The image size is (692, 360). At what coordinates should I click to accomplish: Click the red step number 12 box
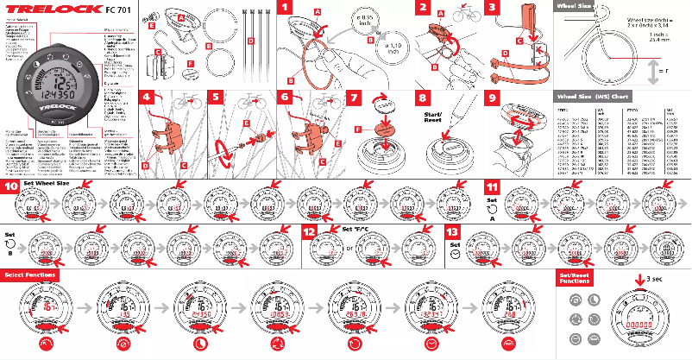(310, 231)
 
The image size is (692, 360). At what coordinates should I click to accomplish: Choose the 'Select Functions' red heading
(31, 275)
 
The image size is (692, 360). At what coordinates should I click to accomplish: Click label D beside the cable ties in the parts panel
(251, 41)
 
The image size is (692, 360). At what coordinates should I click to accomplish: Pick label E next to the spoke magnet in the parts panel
(153, 26)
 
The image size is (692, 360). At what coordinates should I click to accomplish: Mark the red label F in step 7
(358, 129)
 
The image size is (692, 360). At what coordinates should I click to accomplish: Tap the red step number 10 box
(10, 186)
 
